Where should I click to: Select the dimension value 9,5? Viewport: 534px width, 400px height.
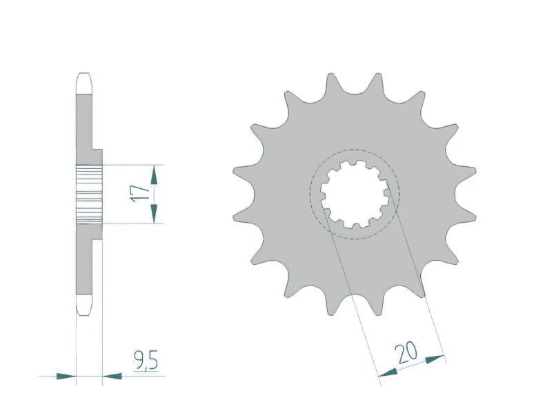pos(146,359)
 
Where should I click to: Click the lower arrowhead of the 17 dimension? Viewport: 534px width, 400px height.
pos(155,214)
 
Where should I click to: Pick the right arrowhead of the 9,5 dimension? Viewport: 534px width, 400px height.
pos(112,377)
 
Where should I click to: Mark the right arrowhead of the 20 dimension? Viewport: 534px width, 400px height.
pos(435,359)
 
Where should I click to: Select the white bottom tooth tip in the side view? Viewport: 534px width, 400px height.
pos(83,306)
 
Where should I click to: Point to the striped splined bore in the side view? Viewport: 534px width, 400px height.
pos(89,194)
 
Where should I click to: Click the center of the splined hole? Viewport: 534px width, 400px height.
pos(354,194)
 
